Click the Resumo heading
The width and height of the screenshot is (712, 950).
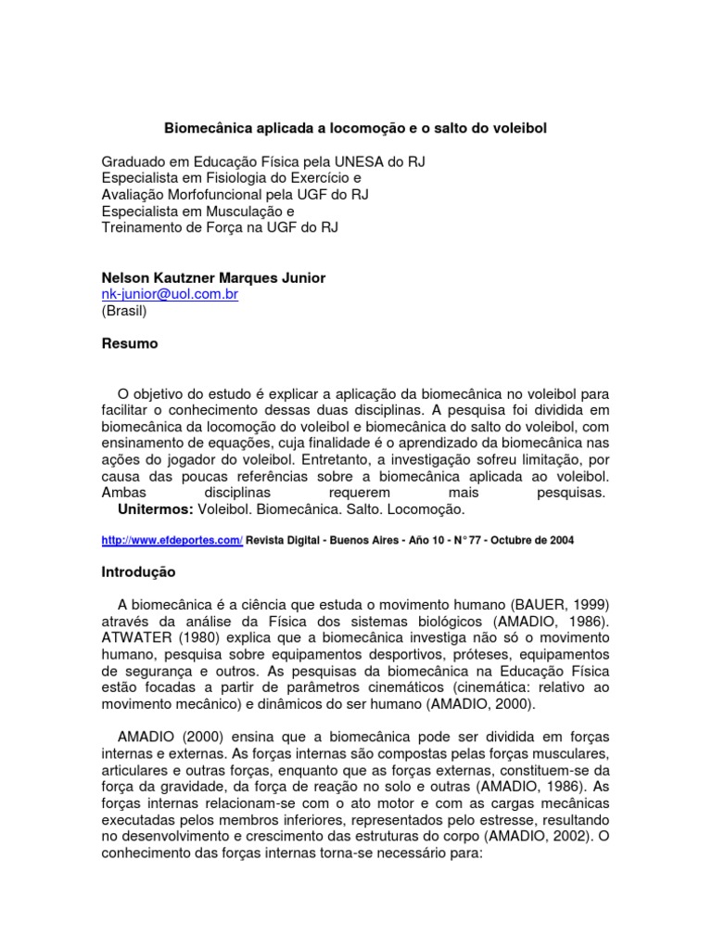coord(129,343)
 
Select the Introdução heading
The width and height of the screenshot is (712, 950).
coord(138,572)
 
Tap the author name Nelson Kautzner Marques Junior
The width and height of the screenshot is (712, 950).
coord(213,277)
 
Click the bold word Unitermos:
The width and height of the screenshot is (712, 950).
coord(156,509)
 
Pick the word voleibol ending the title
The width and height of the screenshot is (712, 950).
coord(517,127)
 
